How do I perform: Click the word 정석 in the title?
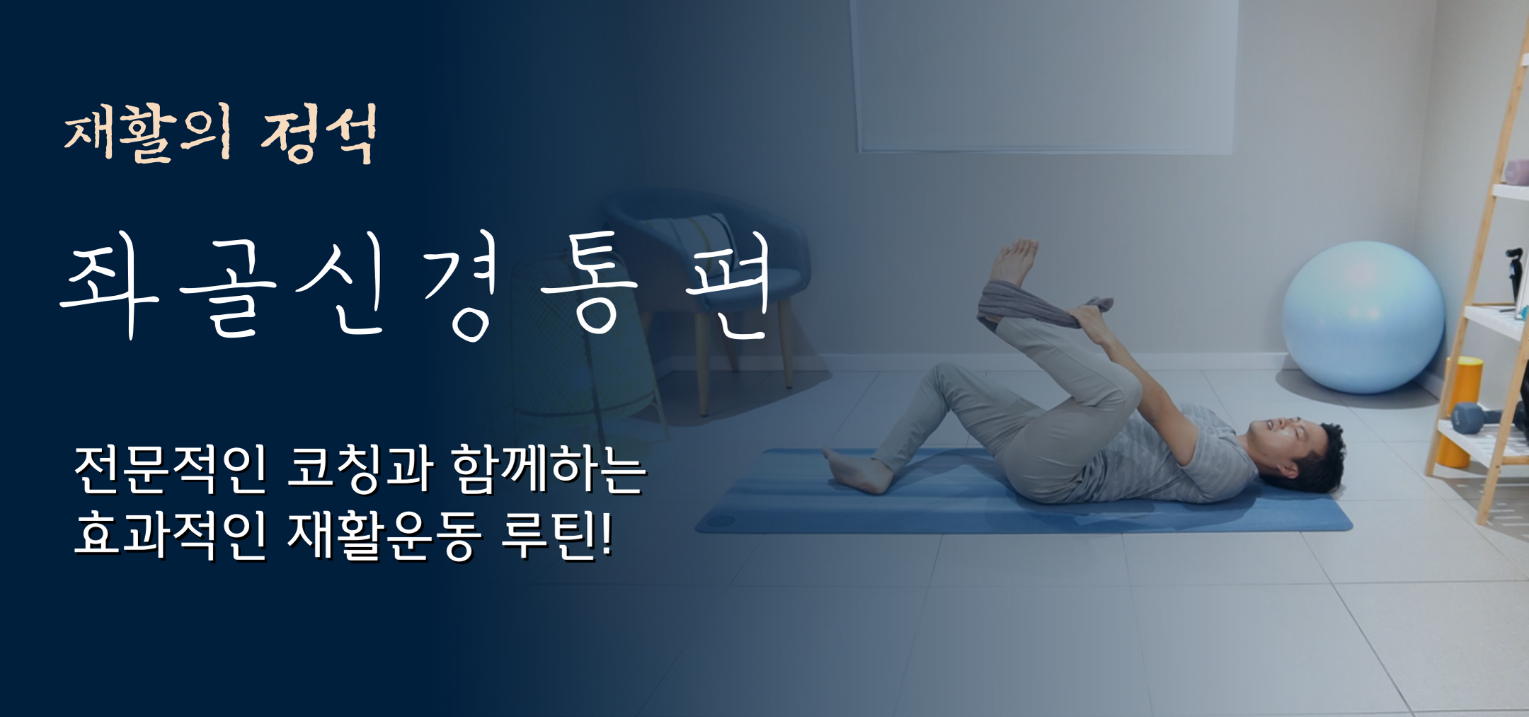click(x=319, y=134)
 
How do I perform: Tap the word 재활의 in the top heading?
click(x=148, y=134)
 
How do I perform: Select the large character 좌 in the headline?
click(x=110, y=283)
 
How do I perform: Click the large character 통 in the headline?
click(x=589, y=283)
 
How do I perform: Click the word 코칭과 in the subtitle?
click(x=360, y=469)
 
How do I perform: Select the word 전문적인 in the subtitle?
click(x=171, y=469)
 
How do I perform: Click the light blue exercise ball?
click(x=1363, y=316)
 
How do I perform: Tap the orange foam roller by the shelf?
click(x=1462, y=411)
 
